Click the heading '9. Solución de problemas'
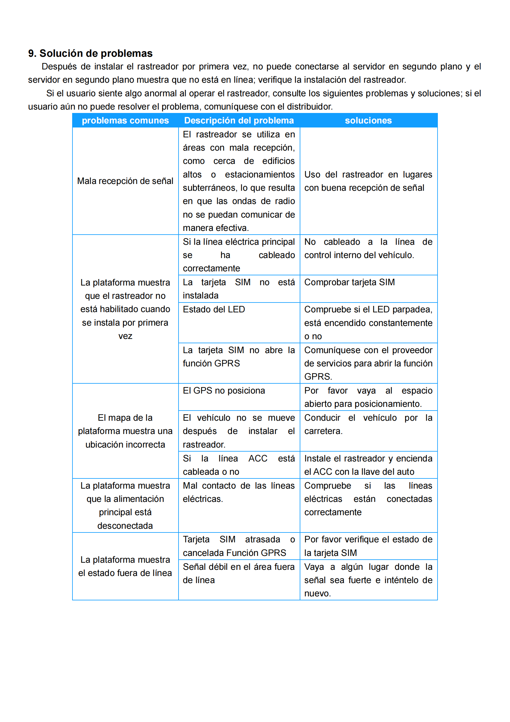[x=90, y=53]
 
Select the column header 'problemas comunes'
[x=125, y=120]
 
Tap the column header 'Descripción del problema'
[x=239, y=120]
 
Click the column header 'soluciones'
[x=368, y=120]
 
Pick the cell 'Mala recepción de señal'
[x=125, y=181]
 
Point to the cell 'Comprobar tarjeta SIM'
[x=349, y=282]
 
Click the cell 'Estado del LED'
[x=214, y=309]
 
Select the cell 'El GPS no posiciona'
[x=224, y=390]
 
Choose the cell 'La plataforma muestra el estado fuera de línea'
[x=125, y=566]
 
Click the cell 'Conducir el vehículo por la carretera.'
[x=368, y=424]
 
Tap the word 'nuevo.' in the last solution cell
[x=318, y=593]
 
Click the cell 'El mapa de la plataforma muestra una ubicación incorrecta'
[x=125, y=431]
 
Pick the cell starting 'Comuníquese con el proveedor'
[x=368, y=363]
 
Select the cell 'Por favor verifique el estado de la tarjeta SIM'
[x=368, y=546]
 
